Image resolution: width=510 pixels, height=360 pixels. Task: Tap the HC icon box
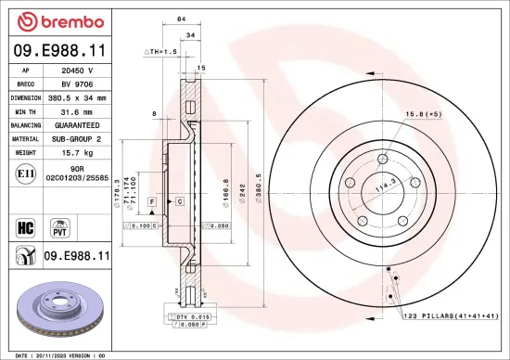pyautogui.click(x=25, y=225)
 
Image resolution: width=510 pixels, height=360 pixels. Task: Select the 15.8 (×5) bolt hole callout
pyautogui.click(x=420, y=114)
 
